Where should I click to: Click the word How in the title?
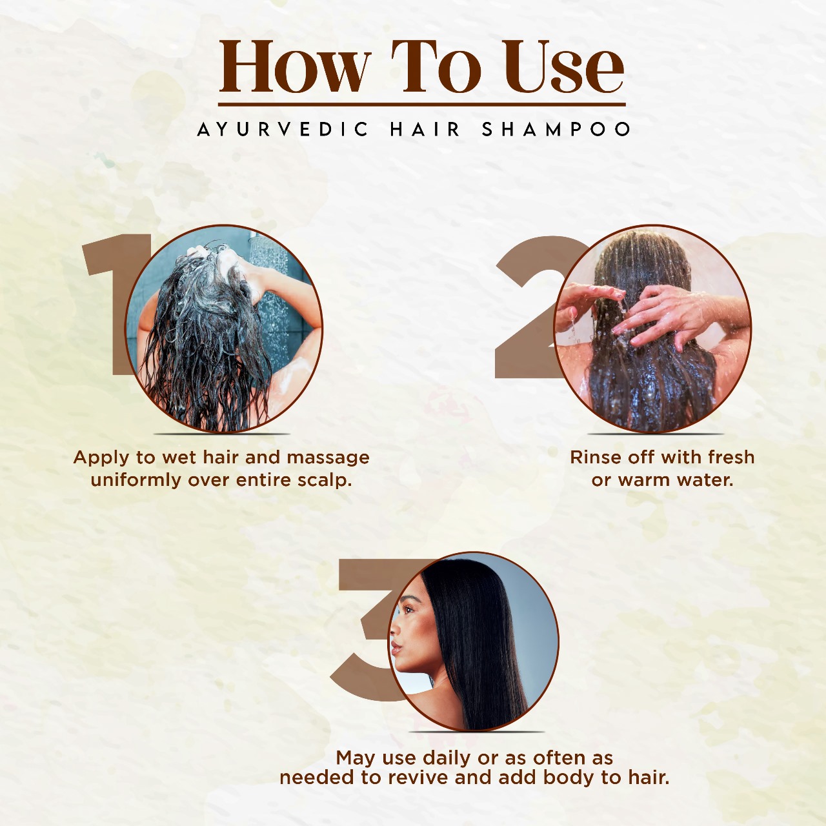(295, 66)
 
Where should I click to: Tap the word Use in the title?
(563, 66)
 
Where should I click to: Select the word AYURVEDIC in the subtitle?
(283, 129)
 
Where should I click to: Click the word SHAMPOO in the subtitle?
(556, 129)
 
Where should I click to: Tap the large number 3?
(368, 630)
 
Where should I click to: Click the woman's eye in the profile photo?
(408, 610)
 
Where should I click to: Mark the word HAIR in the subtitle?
(425, 129)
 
